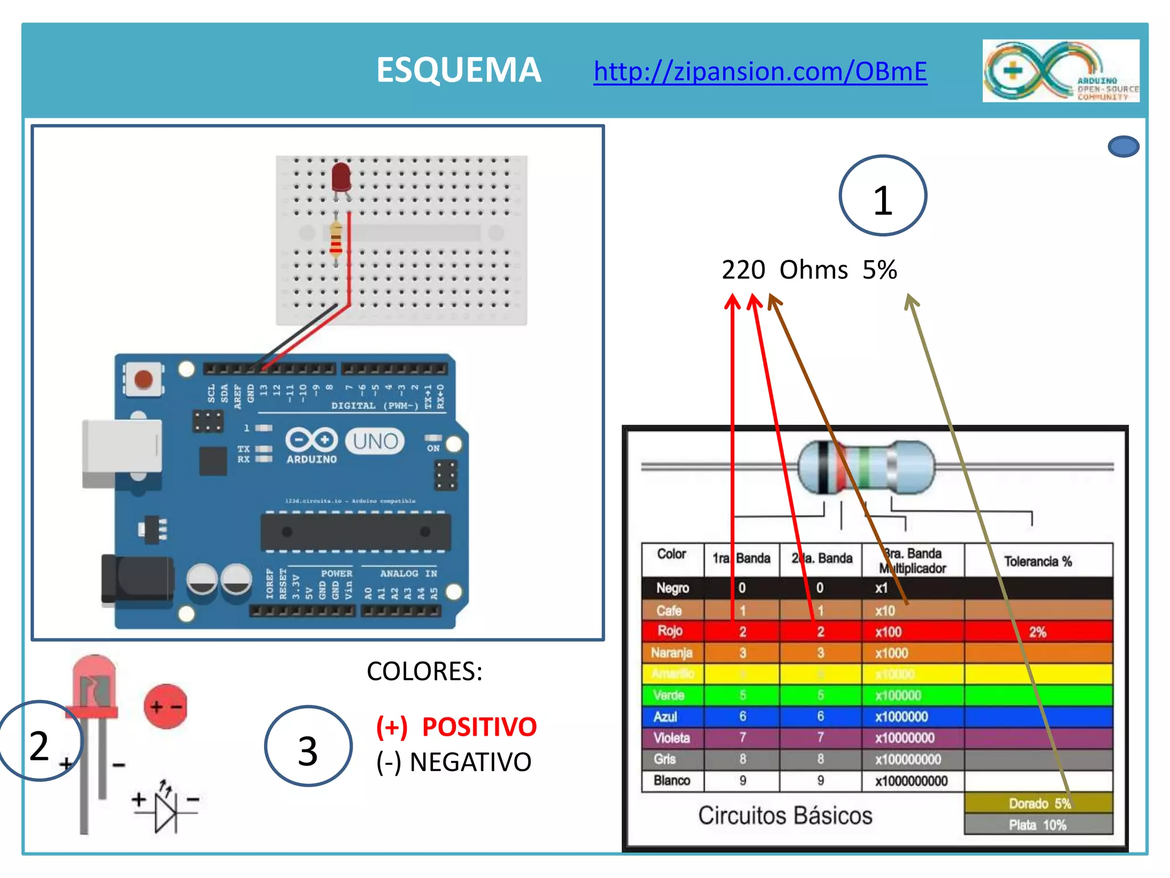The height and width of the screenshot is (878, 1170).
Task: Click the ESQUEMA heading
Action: pos(458,70)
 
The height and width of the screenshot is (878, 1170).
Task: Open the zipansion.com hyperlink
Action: pos(760,71)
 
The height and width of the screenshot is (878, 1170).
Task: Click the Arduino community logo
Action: pos(1060,71)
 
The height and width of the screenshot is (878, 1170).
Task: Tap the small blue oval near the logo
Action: pos(1123,146)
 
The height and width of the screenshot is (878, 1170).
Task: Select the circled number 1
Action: pos(883,196)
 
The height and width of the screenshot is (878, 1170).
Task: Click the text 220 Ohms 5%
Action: pos(809,270)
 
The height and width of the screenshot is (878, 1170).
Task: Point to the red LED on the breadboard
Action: pos(341,178)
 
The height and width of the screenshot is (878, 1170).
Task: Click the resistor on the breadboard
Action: pos(336,240)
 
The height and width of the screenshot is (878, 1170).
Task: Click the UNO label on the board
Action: pos(375,441)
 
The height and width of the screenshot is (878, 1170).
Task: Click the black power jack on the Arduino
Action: pos(137,579)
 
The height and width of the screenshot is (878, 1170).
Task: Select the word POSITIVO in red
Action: pos(479,727)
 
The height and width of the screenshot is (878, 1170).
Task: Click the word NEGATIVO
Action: pos(470,762)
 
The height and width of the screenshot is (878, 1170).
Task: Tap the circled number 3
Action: pos(308,747)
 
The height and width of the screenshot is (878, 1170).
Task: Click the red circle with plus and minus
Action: pos(166,707)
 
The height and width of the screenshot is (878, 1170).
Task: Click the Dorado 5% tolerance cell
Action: pos(1038,803)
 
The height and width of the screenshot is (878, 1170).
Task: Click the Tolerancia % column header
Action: pos(1037,561)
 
